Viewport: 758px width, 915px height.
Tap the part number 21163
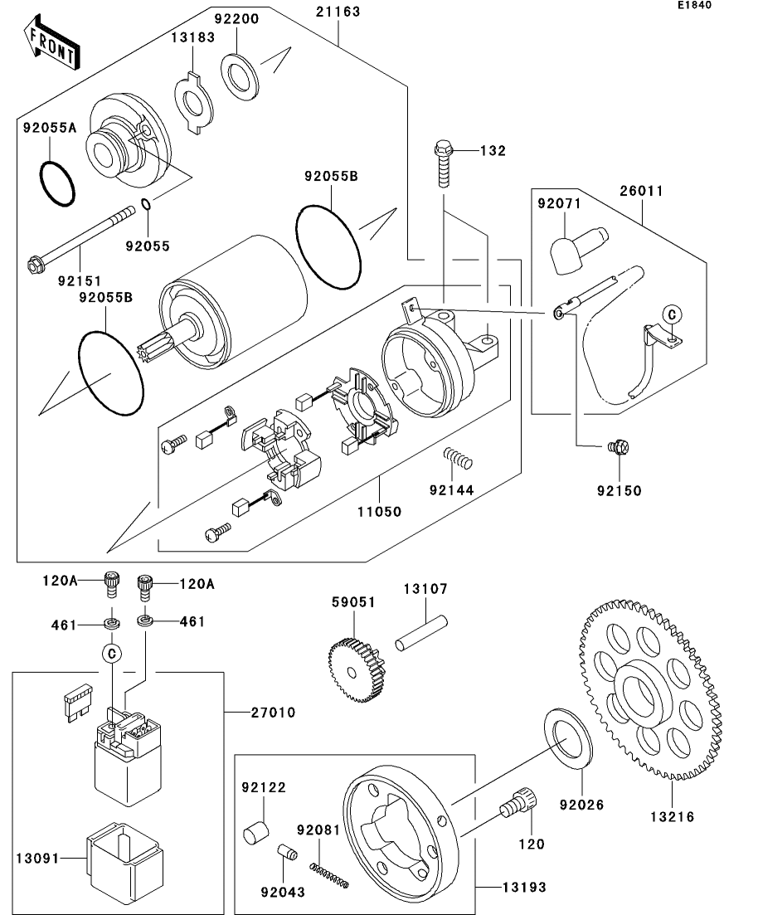tap(338, 12)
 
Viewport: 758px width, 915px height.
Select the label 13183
tap(193, 37)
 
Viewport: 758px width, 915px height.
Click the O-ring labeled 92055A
tap(57, 178)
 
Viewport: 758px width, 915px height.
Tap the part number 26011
tap(642, 190)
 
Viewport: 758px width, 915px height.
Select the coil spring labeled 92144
tap(454, 456)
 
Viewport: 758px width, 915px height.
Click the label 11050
tap(381, 512)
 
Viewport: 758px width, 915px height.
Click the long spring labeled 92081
tap(328, 875)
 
